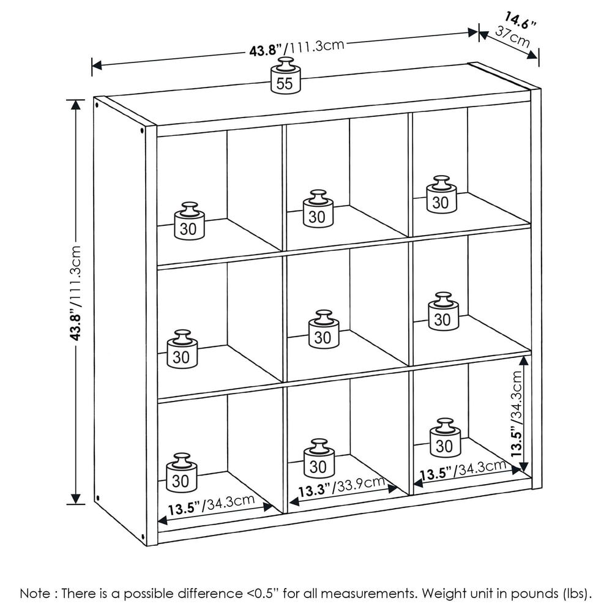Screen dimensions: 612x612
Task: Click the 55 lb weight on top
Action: (285, 77)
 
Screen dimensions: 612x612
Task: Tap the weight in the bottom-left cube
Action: (181, 474)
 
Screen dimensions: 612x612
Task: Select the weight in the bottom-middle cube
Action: (319, 460)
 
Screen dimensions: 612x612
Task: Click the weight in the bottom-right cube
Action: (445, 439)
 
